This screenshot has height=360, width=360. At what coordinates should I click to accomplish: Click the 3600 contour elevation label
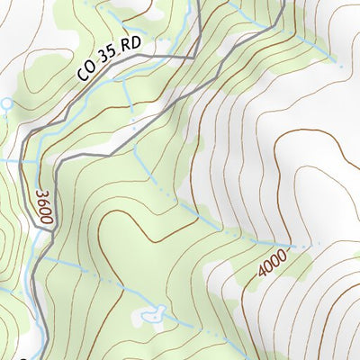tap(42, 206)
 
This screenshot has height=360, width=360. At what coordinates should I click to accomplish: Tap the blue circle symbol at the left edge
tap(6, 104)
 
